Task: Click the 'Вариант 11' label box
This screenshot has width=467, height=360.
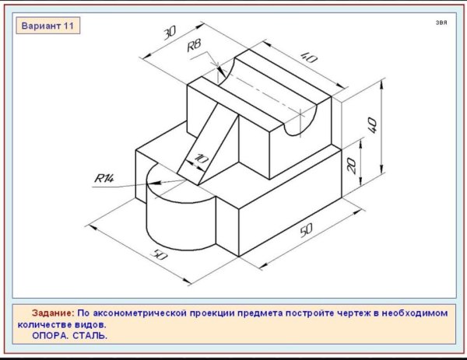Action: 47,26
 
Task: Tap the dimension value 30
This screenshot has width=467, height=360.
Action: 170,33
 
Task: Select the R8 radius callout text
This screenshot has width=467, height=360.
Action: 194,46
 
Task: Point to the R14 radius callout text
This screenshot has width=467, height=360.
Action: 104,179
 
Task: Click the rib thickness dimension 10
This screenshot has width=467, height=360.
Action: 202,159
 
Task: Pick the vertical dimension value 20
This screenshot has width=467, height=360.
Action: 352,166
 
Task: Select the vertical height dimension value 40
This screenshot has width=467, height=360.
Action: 372,125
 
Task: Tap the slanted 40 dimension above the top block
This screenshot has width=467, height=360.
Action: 309,58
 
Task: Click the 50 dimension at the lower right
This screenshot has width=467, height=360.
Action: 306,230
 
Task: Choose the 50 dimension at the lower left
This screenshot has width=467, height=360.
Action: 160,255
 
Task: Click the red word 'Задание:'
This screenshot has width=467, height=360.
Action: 52,313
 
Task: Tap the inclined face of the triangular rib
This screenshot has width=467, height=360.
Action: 208,144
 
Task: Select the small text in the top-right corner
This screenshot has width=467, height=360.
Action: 441,23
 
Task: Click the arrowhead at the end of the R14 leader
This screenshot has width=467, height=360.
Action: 157,182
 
